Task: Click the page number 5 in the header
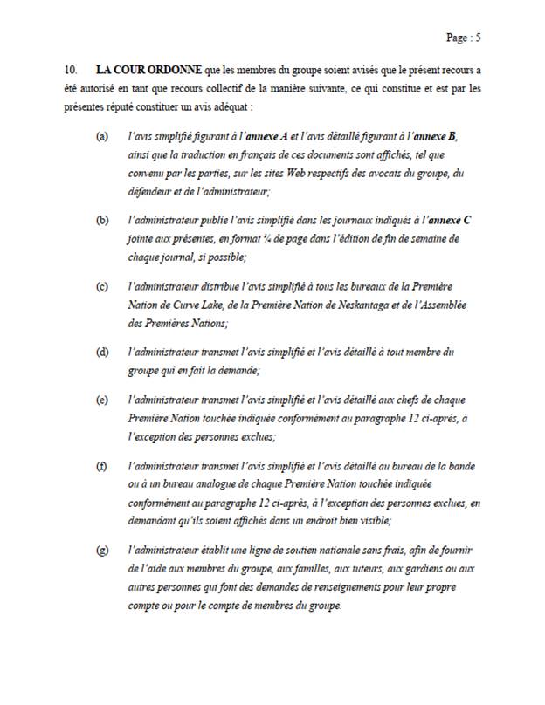click(479, 38)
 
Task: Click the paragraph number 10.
click(71, 68)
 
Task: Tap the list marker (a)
click(103, 139)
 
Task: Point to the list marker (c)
click(103, 287)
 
